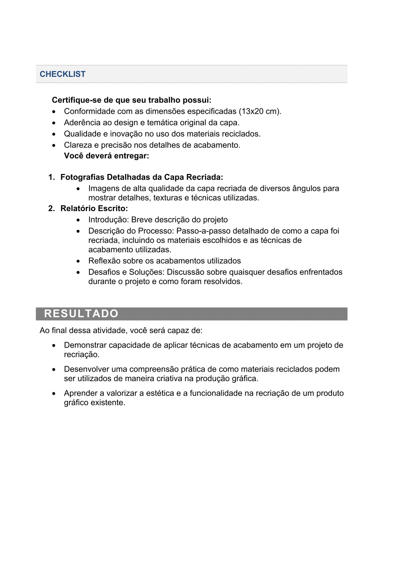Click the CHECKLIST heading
[x=63, y=74]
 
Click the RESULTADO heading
[x=81, y=313]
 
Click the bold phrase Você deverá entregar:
[x=106, y=156]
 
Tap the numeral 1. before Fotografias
[x=51, y=177]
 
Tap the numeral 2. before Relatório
[x=51, y=209]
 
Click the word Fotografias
[x=83, y=177]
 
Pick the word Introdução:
[x=108, y=220]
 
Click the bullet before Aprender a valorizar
[x=54, y=394]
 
